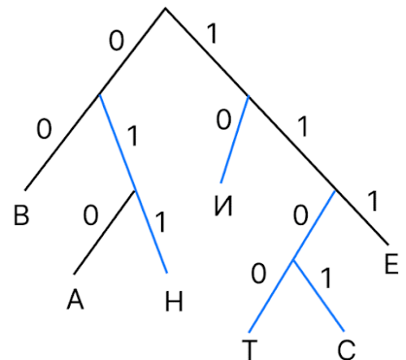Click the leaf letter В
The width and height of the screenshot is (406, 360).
pyautogui.click(x=21, y=215)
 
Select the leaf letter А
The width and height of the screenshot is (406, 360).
pyautogui.click(x=76, y=299)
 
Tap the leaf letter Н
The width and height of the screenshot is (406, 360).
pyautogui.click(x=174, y=301)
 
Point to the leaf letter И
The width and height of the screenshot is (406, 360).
pyautogui.click(x=223, y=206)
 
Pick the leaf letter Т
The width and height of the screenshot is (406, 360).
pyautogui.click(x=249, y=350)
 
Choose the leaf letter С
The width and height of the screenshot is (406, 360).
pyautogui.click(x=347, y=350)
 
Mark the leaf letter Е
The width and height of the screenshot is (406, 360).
pyautogui.click(x=391, y=264)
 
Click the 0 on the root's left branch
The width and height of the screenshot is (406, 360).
pyautogui.click(x=116, y=41)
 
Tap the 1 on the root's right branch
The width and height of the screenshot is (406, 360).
pyautogui.click(x=213, y=33)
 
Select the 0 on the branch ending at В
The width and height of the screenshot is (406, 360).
pyautogui.click(x=44, y=129)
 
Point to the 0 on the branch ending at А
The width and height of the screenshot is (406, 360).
pyautogui.click(x=90, y=215)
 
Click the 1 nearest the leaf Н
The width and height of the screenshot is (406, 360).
pyautogui.click(x=161, y=222)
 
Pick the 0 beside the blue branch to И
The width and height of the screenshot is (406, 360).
pyautogui.click(x=223, y=119)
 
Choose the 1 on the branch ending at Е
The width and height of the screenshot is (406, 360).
pyautogui.click(x=373, y=201)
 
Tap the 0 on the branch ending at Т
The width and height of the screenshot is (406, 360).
pyautogui.click(x=258, y=274)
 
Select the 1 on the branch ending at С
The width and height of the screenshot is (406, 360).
pyautogui.click(x=326, y=278)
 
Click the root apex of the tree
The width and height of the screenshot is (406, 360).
pyautogui.click(x=166, y=9)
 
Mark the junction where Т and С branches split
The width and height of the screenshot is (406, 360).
pyautogui.click(x=293, y=261)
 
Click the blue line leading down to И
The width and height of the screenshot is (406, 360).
pyautogui.click(x=235, y=139)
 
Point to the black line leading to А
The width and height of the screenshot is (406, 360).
pyautogui.click(x=105, y=232)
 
